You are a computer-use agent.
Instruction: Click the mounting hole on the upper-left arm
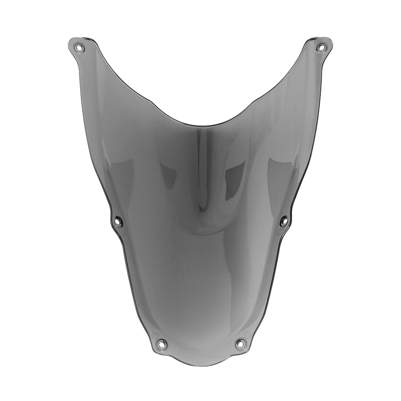pyautogui.click(x=79, y=48)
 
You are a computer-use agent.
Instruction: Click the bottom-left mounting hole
pyautogui.click(x=161, y=344)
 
